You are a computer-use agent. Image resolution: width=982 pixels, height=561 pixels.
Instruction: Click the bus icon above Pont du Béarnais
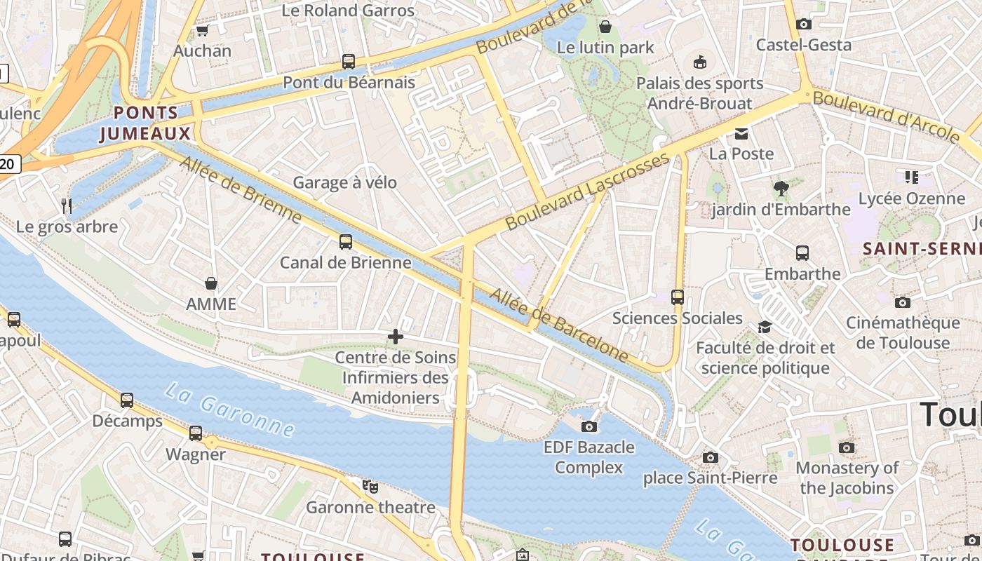tap(349, 61)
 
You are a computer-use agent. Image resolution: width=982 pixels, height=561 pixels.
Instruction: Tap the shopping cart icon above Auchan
tap(202, 30)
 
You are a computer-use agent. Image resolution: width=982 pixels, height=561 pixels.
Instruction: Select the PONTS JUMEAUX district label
tap(146, 123)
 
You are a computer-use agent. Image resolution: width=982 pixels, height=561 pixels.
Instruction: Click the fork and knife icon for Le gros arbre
tap(67, 205)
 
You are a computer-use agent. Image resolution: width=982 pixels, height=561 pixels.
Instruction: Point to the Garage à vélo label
tap(344, 183)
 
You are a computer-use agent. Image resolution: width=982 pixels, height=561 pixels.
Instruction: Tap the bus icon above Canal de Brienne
tap(346, 242)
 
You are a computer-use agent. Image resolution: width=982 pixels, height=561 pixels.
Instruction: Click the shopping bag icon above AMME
tap(210, 283)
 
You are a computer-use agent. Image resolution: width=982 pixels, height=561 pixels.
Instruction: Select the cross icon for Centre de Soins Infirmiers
tap(396, 337)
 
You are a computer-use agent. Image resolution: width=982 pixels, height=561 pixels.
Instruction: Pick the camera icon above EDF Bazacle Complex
tap(589, 426)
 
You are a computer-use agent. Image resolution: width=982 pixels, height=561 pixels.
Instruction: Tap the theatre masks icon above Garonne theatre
tap(370, 486)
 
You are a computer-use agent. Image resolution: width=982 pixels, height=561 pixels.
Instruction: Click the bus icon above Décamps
tap(127, 400)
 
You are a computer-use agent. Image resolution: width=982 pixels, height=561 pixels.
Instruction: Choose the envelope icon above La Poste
tap(741, 133)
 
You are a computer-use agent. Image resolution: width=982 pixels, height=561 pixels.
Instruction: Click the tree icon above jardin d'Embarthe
tap(780, 188)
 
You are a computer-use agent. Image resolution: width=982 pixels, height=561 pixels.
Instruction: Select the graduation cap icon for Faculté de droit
tap(765, 327)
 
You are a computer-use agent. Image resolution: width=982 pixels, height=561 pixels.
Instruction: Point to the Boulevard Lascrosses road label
tap(588, 191)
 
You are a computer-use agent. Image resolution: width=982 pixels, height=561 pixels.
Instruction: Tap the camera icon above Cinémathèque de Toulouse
tap(903, 302)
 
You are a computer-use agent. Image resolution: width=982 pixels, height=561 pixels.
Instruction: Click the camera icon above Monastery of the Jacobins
tap(847, 447)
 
